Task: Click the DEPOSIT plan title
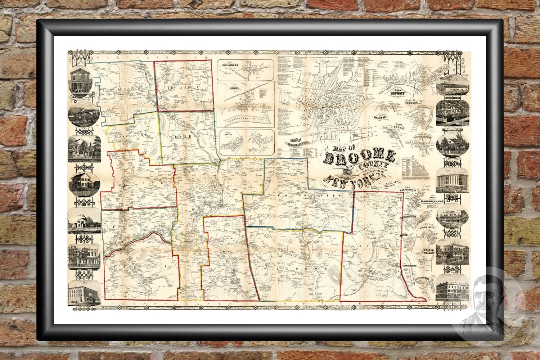[x=396, y=93]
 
